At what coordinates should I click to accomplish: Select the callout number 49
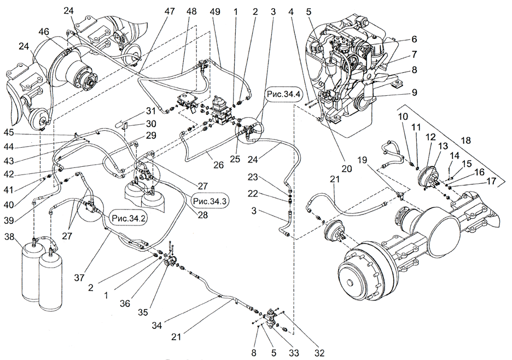pos(216,11)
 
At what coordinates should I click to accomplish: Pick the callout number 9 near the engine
pos(415,93)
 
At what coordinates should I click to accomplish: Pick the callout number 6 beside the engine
pos(414,39)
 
